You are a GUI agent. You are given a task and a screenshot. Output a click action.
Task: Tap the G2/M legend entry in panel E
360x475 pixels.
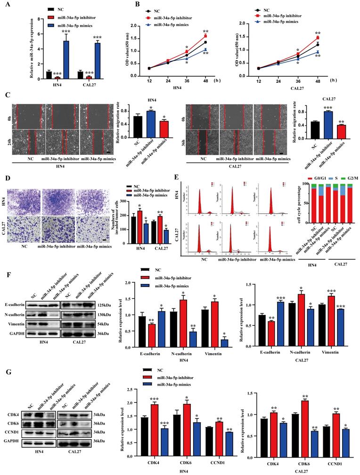pyautogui.click(x=344, y=179)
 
